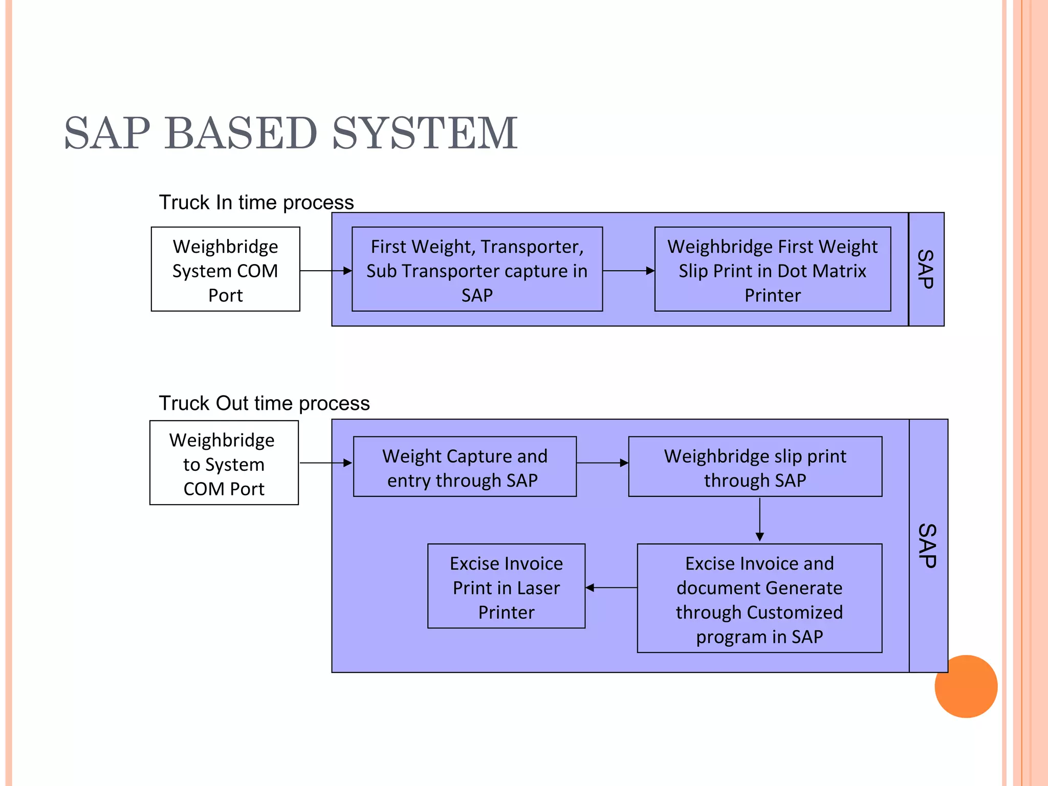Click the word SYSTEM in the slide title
tap(425, 133)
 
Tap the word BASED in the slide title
tap(241, 133)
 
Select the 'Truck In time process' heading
tap(256, 203)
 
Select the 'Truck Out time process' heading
tap(264, 403)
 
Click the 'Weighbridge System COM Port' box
tap(225, 269)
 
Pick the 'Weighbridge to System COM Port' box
tap(224, 463)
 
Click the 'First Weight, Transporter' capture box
tap(477, 269)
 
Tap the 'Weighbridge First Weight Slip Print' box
tap(772, 269)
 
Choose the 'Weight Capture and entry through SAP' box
tap(465, 467)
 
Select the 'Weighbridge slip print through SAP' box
tap(755, 467)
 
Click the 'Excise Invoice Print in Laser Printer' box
tap(506, 586)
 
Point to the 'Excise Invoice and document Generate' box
tap(759, 598)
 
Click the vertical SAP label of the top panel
tap(926, 269)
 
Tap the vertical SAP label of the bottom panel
tap(928, 545)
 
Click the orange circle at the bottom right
tap(966, 687)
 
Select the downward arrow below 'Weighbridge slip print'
tap(760, 519)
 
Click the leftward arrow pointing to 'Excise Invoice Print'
tap(611, 587)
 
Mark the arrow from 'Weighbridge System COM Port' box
tap(325, 271)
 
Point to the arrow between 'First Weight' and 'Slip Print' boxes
tap(628, 271)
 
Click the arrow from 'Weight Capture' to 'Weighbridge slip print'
tap(602, 463)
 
